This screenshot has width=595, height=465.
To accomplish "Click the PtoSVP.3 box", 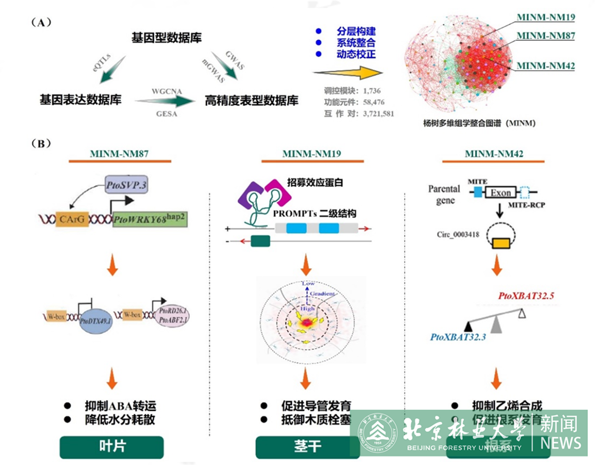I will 126,185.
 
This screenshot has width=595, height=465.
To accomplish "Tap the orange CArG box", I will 72,219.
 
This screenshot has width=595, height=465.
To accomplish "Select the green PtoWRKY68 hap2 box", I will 150,219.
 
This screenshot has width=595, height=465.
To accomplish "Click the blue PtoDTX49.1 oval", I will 95,321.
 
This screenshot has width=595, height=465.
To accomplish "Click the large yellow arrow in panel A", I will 349,72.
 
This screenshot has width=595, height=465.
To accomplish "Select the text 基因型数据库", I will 166,38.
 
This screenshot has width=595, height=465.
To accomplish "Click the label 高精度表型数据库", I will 251,100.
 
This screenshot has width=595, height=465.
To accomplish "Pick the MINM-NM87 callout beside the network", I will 546,36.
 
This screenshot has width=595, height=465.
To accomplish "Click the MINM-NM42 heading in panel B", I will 494,154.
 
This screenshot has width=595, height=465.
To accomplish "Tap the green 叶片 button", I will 112,446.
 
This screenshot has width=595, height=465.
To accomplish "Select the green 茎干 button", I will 307,446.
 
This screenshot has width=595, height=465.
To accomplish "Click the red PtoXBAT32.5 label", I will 526,296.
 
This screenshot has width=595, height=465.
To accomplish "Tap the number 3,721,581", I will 378,114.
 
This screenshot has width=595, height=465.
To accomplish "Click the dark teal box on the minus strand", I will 260,241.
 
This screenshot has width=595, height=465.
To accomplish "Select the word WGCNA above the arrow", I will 167,91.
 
